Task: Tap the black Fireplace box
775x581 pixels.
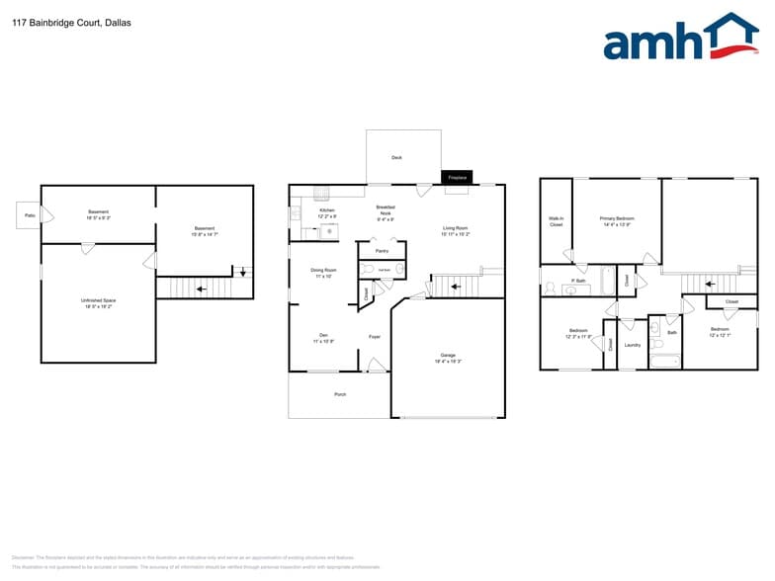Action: [457, 177]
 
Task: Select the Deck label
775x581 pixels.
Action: [396, 157]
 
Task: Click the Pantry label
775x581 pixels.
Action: [382, 251]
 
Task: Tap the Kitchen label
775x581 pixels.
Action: [326, 210]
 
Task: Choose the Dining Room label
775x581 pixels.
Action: [324, 270]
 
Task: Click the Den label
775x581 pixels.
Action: [323, 335]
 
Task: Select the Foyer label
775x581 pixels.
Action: [375, 337]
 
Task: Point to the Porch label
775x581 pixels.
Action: [340, 395]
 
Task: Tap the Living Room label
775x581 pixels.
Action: [456, 228]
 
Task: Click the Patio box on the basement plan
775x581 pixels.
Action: [28, 214]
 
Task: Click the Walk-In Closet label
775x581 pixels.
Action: [556, 221]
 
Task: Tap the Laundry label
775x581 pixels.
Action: [633, 345]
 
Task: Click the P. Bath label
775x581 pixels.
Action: [578, 282]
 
